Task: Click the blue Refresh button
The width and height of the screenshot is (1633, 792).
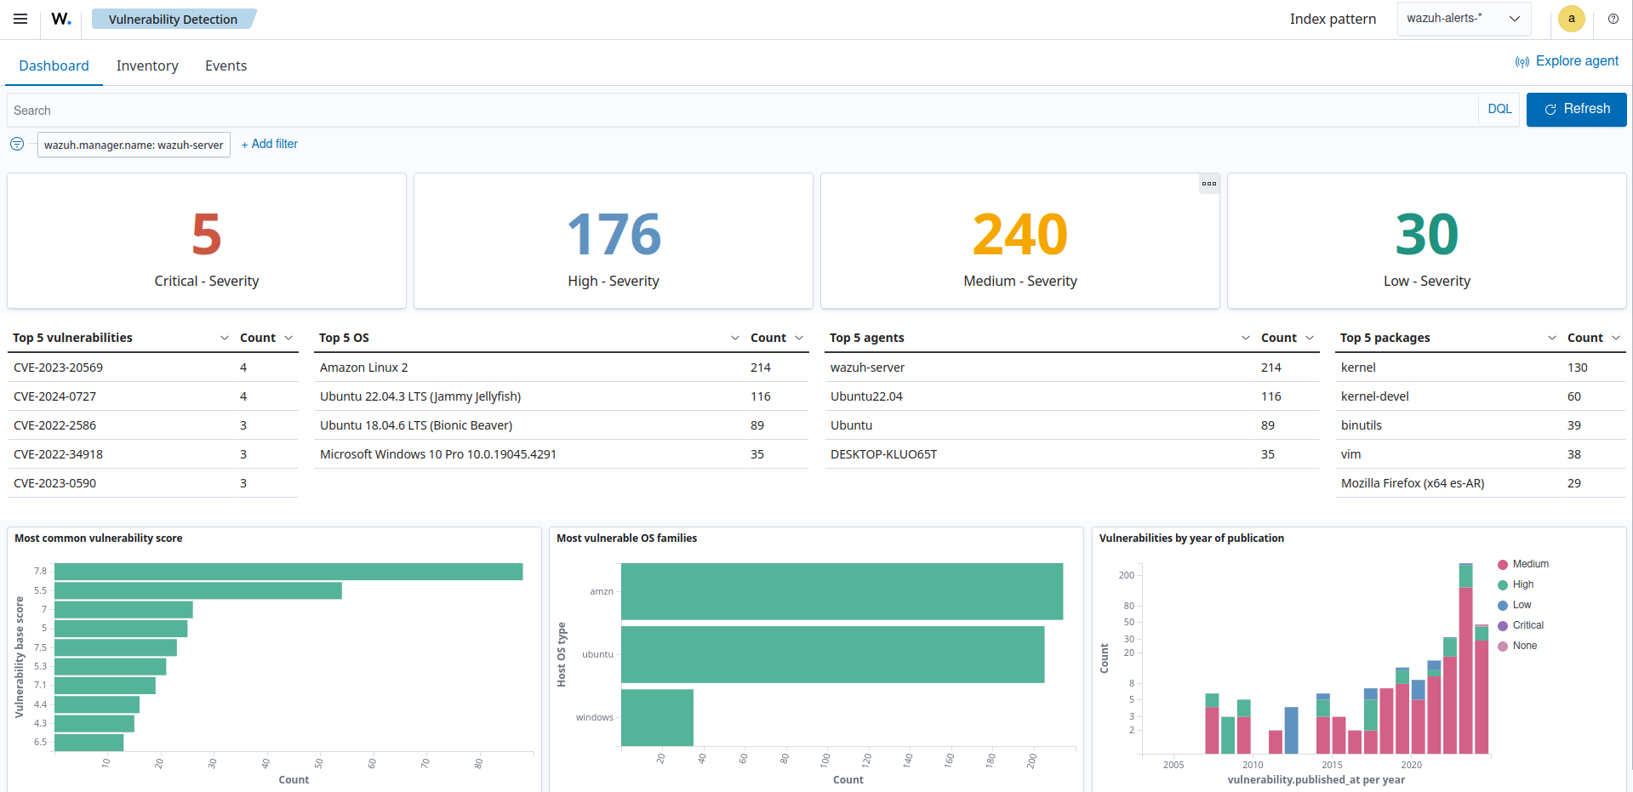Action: pyautogui.click(x=1576, y=110)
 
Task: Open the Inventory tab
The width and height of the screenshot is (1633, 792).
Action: pyautogui.click(x=147, y=66)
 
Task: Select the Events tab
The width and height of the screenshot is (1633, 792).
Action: pyautogui.click(x=226, y=66)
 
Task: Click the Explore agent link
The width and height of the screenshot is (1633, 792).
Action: pyautogui.click(x=1567, y=61)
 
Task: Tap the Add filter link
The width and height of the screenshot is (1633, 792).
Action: pyautogui.click(x=270, y=144)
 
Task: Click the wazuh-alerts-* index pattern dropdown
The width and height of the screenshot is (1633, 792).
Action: pyautogui.click(x=1463, y=19)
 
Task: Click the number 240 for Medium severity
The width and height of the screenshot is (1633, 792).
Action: pyautogui.click(x=1019, y=235)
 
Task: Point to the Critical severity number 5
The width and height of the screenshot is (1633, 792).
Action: pyautogui.click(x=206, y=235)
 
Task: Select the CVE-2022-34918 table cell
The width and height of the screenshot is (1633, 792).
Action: pyautogui.click(x=58, y=454)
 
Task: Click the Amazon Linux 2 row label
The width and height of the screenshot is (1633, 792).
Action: pyautogui.click(x=363, y=368)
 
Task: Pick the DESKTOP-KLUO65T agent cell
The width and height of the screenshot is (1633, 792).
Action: pyautogui.click(x=883, y=454)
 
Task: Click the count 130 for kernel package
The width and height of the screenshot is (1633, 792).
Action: pyautogui.click(x=1577, y=368)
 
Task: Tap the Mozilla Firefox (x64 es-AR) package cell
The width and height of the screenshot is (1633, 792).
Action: pyautogui.click(x=1412, y=483)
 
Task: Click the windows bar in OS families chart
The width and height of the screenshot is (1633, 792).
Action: pyautogui.click(x=657, y=717)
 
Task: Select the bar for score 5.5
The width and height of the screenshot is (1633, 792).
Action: pyautogui.click(x=197, y=590)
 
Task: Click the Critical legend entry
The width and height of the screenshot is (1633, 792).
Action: pyautogui.click(x=1527, y=625)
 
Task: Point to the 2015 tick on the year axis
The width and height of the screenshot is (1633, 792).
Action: pyautogui.click(x=1332, y=764)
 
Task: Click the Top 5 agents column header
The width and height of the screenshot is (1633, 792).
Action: pyautogui.click(x=866, y=338)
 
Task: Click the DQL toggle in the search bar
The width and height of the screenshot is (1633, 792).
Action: pyautogui.click(x=1499, y=109)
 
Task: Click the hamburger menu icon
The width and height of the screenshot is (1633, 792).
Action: pyautogui.click(x=20, y=19)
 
